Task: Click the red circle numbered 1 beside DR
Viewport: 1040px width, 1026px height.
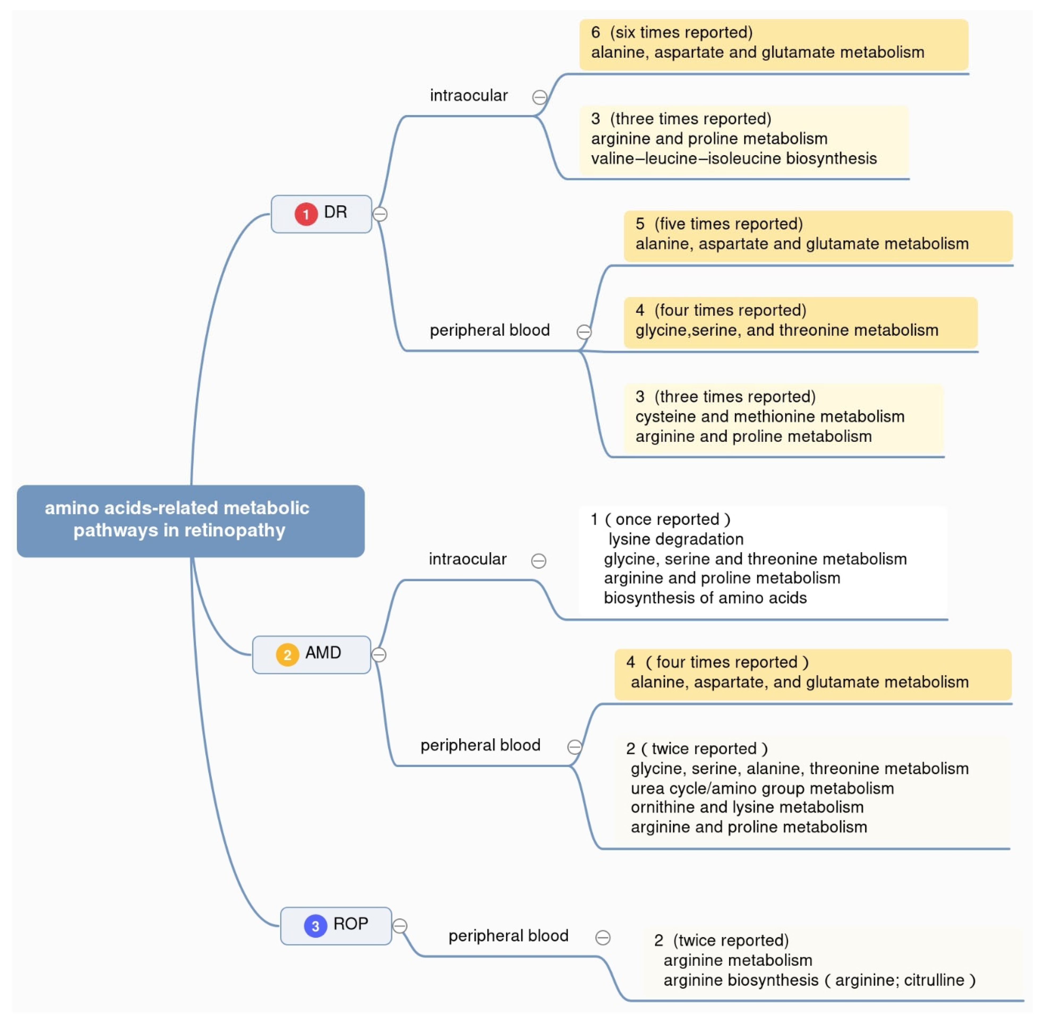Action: click(306, 214)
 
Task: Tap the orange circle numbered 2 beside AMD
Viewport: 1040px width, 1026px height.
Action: click(288, 655)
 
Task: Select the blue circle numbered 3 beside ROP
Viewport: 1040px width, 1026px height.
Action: click(315, 926)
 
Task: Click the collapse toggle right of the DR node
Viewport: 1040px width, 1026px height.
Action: click(380, 214)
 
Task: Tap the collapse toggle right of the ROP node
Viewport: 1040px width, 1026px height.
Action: click(399, 926)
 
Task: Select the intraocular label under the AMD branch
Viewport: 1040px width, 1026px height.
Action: click(467, 559)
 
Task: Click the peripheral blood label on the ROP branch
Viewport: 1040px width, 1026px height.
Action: click(508, 935)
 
